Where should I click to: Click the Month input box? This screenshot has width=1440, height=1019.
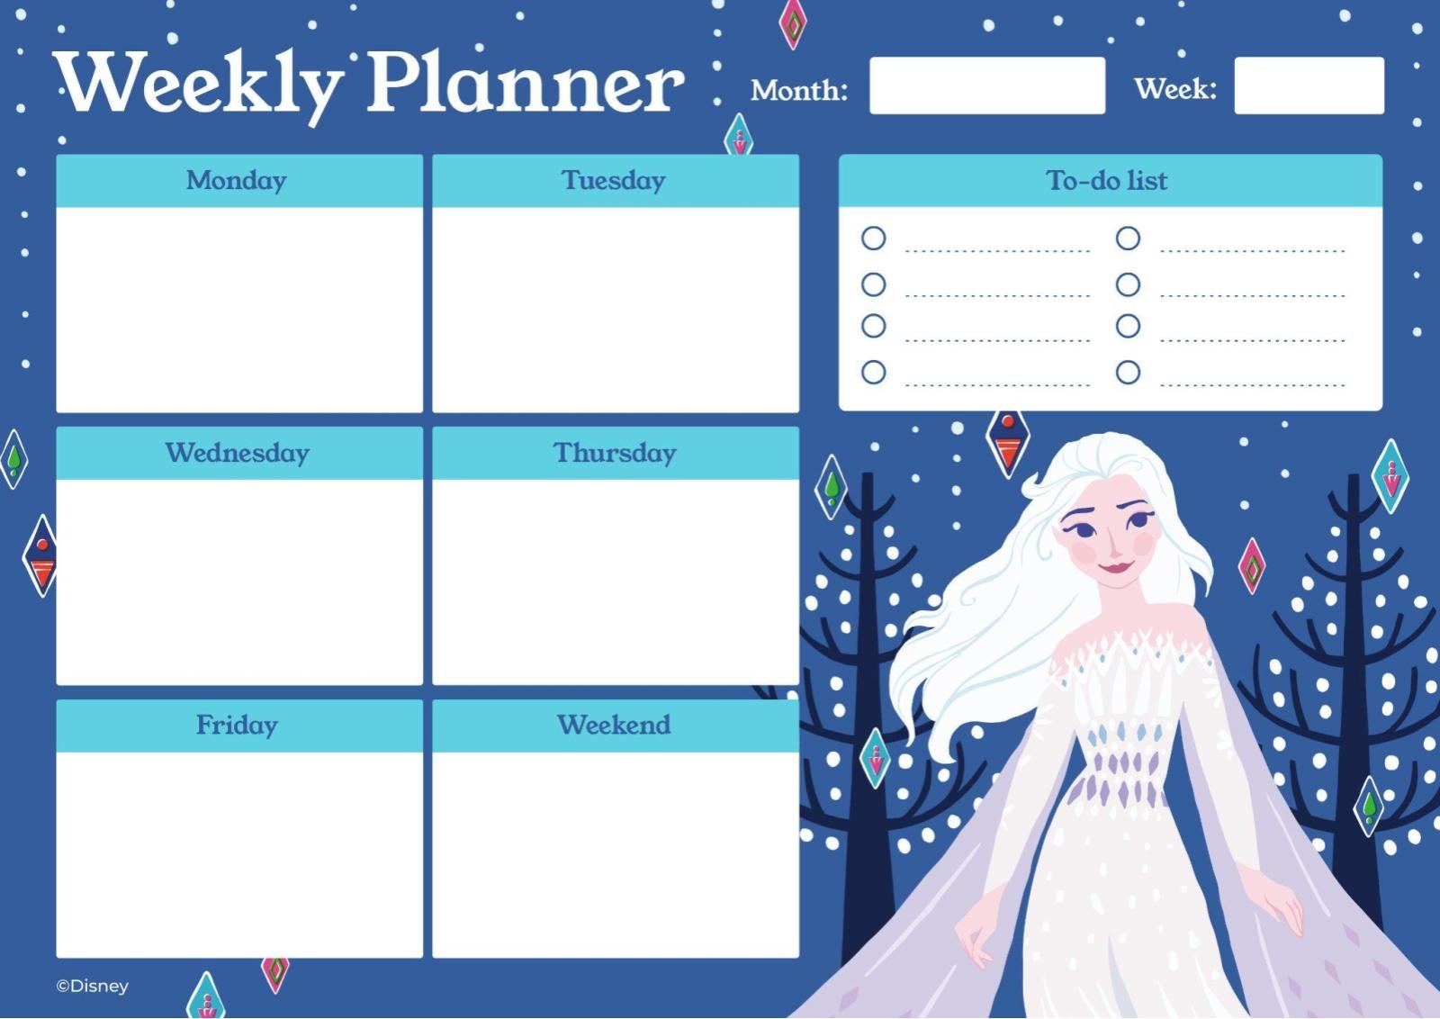(986, 86)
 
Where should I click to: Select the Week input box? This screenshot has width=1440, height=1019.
(1309, 86)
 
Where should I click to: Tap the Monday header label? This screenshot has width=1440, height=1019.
(237, 180)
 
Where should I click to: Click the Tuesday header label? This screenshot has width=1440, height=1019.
(614, 180)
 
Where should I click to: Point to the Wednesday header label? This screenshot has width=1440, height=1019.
(238, 453)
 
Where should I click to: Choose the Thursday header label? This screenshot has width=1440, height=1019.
(615, 453)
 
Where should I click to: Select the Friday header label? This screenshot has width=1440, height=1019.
(238, 725)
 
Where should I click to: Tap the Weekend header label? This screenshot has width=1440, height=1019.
(614, 725)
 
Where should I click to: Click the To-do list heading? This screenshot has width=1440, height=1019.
(1107, 180)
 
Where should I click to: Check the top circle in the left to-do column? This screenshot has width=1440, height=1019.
(873, 239)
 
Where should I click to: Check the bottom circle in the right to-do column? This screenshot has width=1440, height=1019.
(1128, 372)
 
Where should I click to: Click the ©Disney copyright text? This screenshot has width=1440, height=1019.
(93, 987)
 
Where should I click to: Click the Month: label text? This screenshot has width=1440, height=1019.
(799, 90)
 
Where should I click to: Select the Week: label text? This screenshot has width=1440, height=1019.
(1174, 89)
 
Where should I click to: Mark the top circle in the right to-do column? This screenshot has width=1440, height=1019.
(1128, 239)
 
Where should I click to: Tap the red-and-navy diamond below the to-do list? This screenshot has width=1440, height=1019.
(1008, 441)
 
